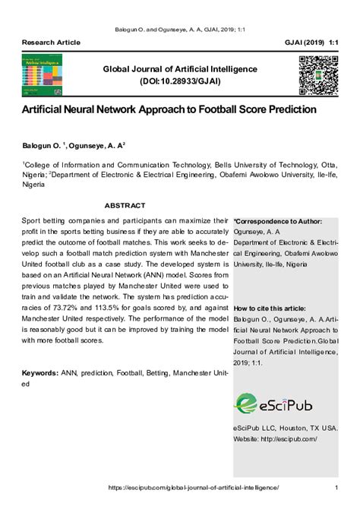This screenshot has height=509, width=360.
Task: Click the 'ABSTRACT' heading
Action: coord(125,205)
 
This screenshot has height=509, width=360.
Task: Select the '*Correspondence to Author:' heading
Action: coord(278,222)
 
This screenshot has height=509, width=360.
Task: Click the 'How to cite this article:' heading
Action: coord(270,309)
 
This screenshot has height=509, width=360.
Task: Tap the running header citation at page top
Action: coord(179,25)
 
